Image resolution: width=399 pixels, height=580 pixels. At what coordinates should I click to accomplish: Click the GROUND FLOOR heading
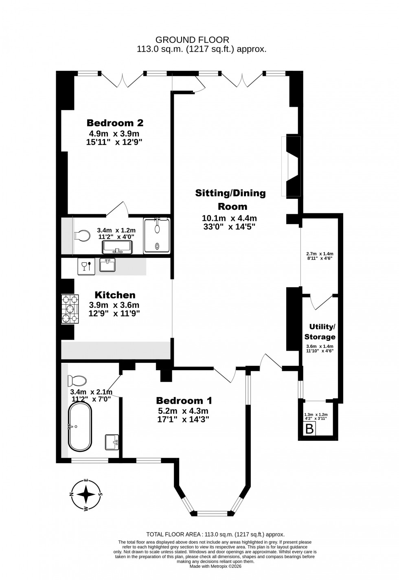click(x=193, y=40)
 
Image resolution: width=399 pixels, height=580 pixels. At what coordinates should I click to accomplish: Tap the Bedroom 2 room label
click(x=115, y=123)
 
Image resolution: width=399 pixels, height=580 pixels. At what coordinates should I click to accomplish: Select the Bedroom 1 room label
click(x=184, y=400)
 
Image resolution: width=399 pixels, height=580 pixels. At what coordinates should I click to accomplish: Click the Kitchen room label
click(x=115, y=295)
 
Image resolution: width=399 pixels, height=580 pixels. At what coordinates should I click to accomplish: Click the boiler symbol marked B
click(x=310, y=429)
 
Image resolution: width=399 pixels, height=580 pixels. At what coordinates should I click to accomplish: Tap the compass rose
click(x=86, y=495)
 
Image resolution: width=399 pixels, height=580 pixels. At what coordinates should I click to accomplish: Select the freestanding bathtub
click(x=80, y=427)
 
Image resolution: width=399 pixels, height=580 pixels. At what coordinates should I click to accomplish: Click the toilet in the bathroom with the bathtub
click(x=77, y=381)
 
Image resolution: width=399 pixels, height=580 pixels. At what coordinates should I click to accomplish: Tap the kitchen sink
click(x=107, y=265)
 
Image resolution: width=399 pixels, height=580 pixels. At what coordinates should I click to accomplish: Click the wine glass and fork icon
click(x=86, y=266)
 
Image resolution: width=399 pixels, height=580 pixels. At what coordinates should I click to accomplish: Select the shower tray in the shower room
click(x=157, y=236)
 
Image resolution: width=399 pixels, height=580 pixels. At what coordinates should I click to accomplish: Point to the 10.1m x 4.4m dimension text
click(x=230, y=218)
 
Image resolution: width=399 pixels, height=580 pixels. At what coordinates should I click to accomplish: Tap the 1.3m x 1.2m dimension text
click(x=316, y=414)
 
